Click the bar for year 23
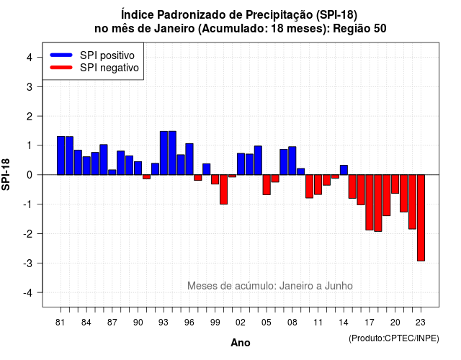pyautogui.click(x=421, y=217)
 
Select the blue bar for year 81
pyautogui.click(x=61, y=156)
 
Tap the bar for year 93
pyautogui.click(x=164, y=153)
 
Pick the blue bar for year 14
pyautogui.click(x=344, y=170)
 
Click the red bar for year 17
pyautogui.click(x=370, y=202)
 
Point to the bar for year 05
pyautogui.click(x=267, y=184)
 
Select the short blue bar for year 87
pyautogui.click(x=112, y=172)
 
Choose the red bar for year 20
pyautogui.click(x=395, y=184)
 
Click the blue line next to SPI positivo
pyautogui.click(x=61, y=55)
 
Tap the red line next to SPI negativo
pyautogui.click(x=61, y=67)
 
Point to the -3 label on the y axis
pyautogui.click(x=28, y=263)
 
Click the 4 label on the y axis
pyautogui.click(x=30, y=57)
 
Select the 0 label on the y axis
pyautogui.click(x=30, y=175)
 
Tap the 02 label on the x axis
pyautogui.click(x=241, y=323)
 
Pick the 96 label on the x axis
pyautogui.click(x=189, y=323)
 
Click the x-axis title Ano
pyautogui.click(x=241, y=343)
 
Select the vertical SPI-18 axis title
pyautogui.click(x=6, y=174)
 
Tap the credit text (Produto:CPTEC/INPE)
pyautogui.click(x=394, y=338)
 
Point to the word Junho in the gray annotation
pyautogui.click(x=339, y=286)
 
